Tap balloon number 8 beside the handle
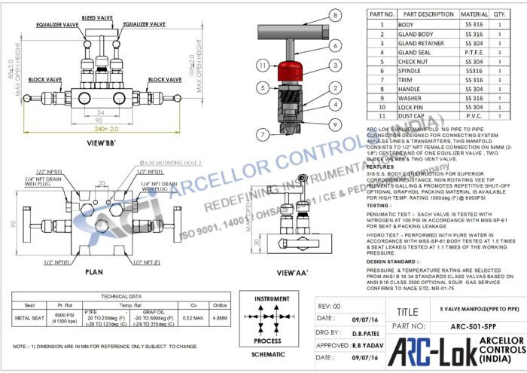(x=333, y=15)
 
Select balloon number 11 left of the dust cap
(x=261, y=66)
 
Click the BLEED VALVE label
(x=98, y=17)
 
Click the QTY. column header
(x=500, y=14)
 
